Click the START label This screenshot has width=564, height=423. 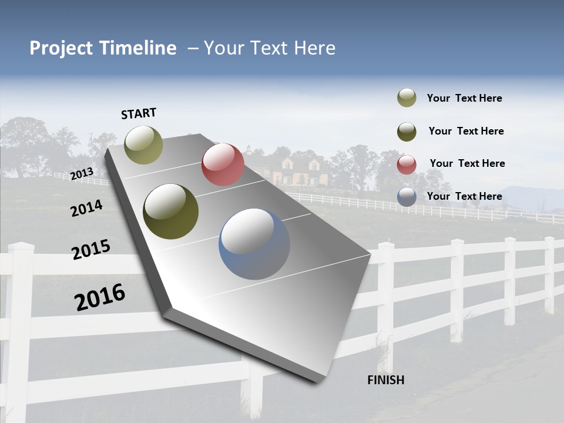click(139, 113)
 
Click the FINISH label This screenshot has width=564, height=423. click(385, 380)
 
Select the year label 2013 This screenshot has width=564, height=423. click(82, 174)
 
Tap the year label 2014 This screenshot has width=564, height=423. click(86, 208)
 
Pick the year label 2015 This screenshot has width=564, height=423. click(91, 250)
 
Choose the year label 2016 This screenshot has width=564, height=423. click(100, 297)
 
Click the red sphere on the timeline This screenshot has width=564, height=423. click(223, 164)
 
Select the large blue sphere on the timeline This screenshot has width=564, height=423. click(254, 244)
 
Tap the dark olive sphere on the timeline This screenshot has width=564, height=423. click(170, 211)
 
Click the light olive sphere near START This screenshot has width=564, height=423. click(143, 145)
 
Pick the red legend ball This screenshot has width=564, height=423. click(407, 164)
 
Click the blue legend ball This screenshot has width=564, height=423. click(407, 197)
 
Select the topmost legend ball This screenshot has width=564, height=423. click(407, 98)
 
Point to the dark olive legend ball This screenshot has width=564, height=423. click(407, 132)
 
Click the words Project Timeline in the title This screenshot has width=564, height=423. click(103, 48)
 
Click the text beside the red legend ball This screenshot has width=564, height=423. click(467, 163)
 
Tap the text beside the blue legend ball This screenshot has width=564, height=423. click(464, 196)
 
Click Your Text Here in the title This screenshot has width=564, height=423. click(270, 48)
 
